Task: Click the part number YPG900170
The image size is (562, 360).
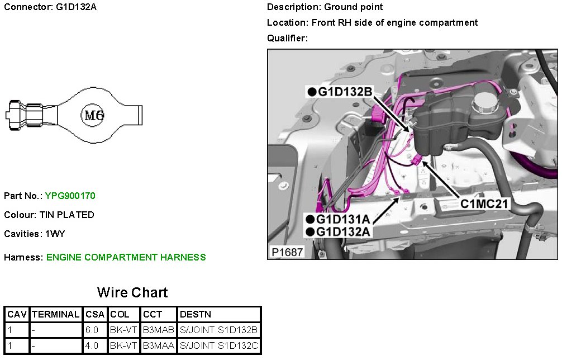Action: [x=70, y=196]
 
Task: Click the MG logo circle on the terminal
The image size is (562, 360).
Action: [x=93, y=116]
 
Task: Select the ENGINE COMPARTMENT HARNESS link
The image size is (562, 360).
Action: [x=126, y=257]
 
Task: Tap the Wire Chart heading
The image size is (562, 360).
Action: [x=132, y=292]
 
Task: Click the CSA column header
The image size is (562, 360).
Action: [x=95, y=315]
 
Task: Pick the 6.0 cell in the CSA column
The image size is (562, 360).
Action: [x=92, y=330]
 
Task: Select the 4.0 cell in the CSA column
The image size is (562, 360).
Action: [x=92, y=346]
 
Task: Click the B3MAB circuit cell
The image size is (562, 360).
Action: [x=158, y=330]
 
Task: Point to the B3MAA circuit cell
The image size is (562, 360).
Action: [x=158, y=346]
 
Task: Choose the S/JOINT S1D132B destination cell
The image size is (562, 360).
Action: [x=219, y=330]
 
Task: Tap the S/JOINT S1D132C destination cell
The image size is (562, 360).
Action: [x=219, y=346]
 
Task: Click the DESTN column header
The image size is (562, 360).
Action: [x=196, y=315]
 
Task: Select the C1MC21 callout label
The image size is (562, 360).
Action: [x=484, y=203]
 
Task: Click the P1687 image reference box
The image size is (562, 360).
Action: [x=287, y=252]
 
